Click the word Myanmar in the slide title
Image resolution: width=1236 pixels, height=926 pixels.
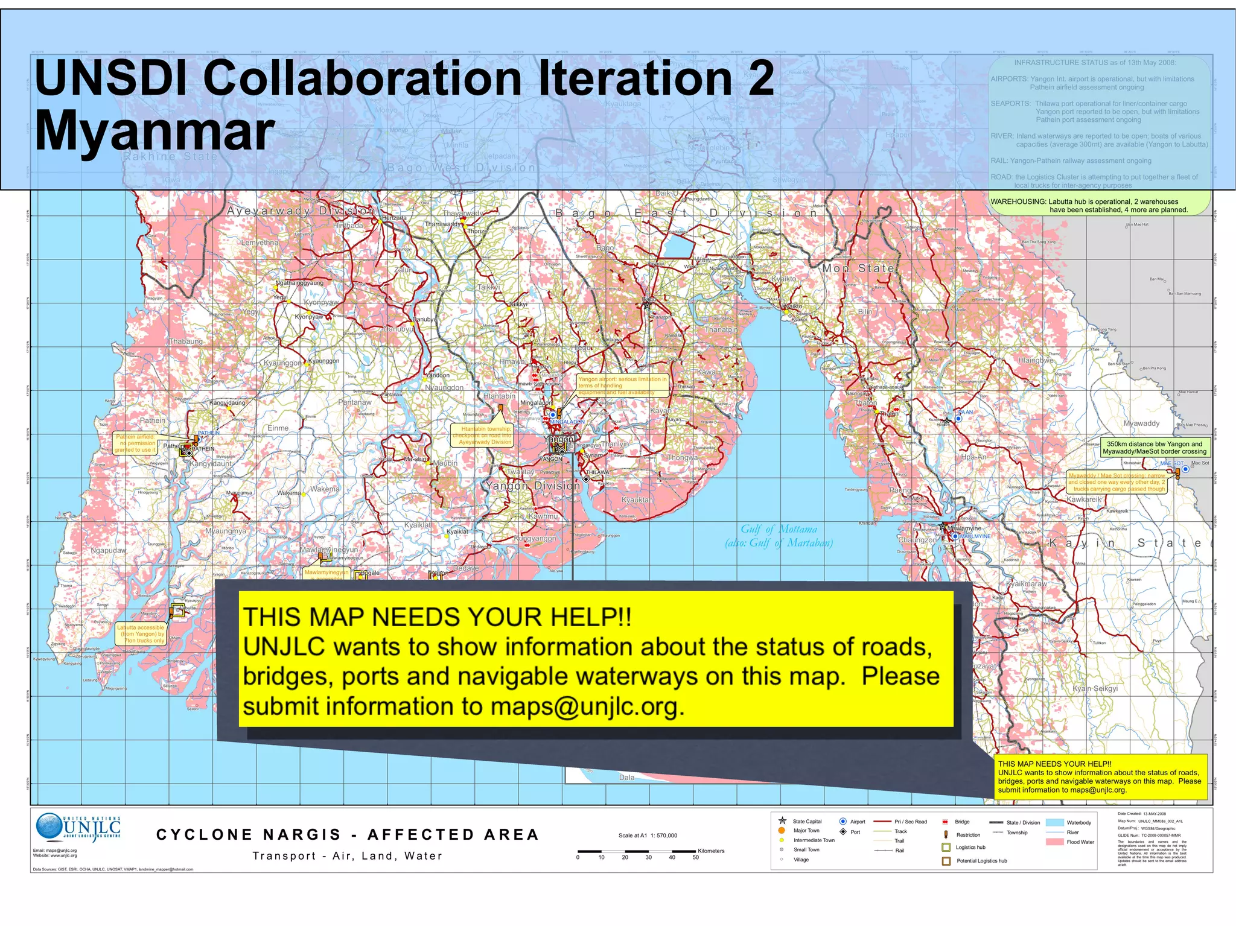click(x=154, y=132)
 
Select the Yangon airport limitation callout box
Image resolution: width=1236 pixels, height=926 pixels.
click(x=622, y=385)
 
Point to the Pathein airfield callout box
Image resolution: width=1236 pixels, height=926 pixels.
click(x=136, y=443)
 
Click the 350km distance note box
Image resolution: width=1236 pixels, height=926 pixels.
click(x=1155, y=448)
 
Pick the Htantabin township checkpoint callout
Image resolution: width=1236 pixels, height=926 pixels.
click(x=485, y=436)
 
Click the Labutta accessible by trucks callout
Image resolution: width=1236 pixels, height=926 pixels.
click(x=141, y=634)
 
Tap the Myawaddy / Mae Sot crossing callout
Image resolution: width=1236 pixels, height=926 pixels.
click(x=1117, y=482)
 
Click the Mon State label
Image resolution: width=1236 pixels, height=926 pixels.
click(x=858, y=268)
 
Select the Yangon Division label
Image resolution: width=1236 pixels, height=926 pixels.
click(x=533, y=486)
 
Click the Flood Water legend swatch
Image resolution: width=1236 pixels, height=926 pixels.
click(x=1054, y=842)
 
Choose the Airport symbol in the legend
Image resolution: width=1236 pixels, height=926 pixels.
click(x=843, y=822)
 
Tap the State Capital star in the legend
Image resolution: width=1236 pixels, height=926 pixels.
click(x=782, y=821)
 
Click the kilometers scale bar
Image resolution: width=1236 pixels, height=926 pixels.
click(x=637, y=851)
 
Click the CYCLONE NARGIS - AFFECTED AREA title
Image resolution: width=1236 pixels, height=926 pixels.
click(x=348, y=835)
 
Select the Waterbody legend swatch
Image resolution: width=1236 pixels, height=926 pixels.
click(x=1054, y=822)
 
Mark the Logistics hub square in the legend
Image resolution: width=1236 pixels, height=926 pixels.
click(x=946, y=848)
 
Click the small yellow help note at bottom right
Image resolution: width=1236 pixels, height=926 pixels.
click(x=1100, y=777)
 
